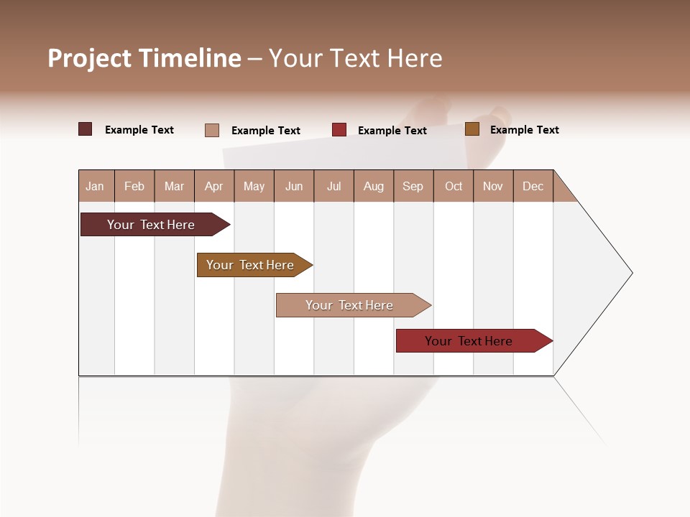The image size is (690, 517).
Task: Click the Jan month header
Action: [x=96, y=186]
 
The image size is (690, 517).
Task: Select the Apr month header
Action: [x=214, y=186]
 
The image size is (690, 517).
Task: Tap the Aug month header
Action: [x=374, y=186]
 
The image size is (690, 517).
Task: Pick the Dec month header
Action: [x=533, y=186]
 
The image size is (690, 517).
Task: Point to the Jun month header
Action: [x=294, y=186]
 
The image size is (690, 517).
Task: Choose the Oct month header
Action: [x=454, y=186]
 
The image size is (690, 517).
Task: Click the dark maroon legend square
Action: [x=86, y=129]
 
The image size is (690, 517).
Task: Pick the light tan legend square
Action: [x=212, y=130]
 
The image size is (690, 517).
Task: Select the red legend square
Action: [x=339, y=130]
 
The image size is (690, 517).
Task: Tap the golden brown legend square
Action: [x=472, y=129]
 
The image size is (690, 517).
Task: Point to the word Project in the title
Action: [x=90, y=58]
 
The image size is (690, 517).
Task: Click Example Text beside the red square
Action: [x=392, y=131]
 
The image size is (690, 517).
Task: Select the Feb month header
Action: [x=134, y=186]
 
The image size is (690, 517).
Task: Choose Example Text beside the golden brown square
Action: [x=525, y=130]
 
